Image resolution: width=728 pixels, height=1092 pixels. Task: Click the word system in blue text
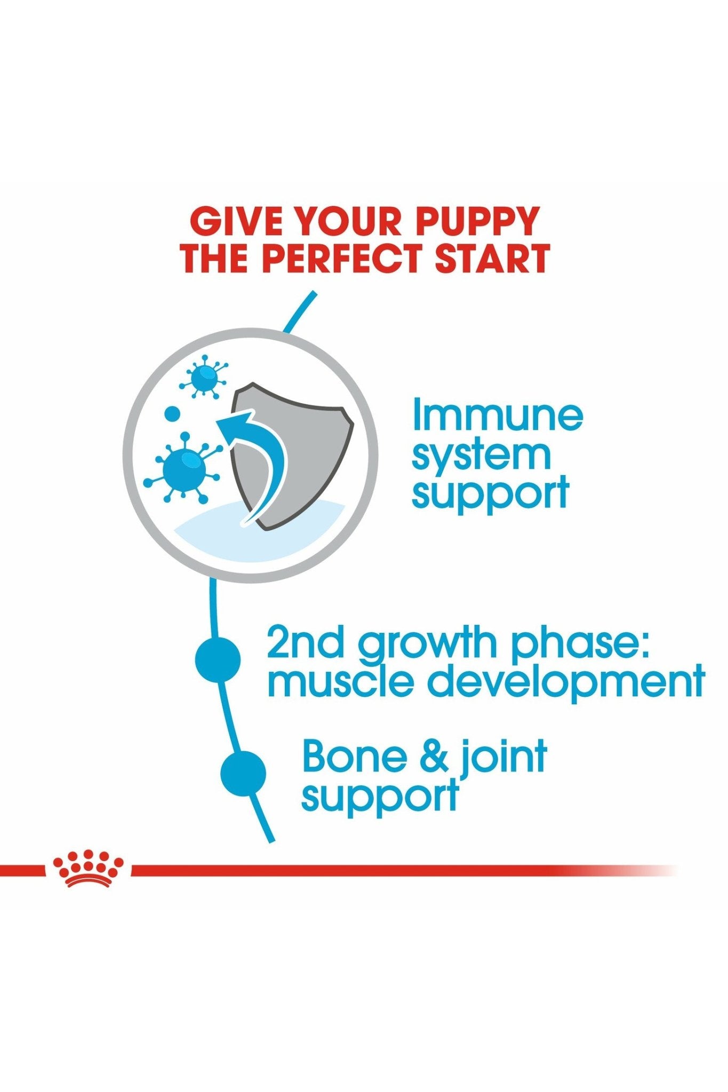pos(481,456)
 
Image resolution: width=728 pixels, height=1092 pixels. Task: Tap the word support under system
pos(491,493)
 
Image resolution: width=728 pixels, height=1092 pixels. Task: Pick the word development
pos(566,682)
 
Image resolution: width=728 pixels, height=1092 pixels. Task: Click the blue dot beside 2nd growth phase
pos(218,660)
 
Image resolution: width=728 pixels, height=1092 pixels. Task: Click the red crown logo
pos(88,869)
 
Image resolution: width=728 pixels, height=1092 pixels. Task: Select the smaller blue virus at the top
pos(203,377)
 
